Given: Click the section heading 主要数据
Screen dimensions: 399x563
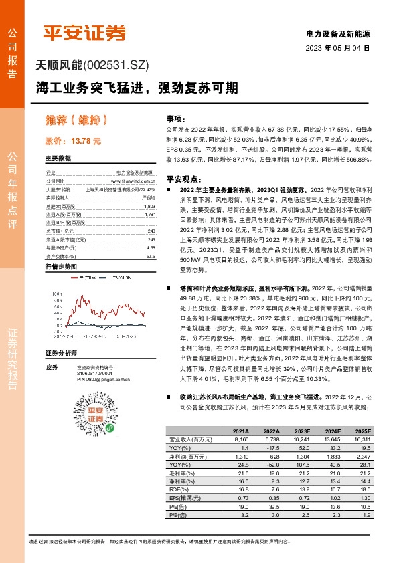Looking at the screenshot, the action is coord(58,158).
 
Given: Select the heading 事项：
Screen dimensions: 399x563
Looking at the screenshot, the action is coord(175,118).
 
